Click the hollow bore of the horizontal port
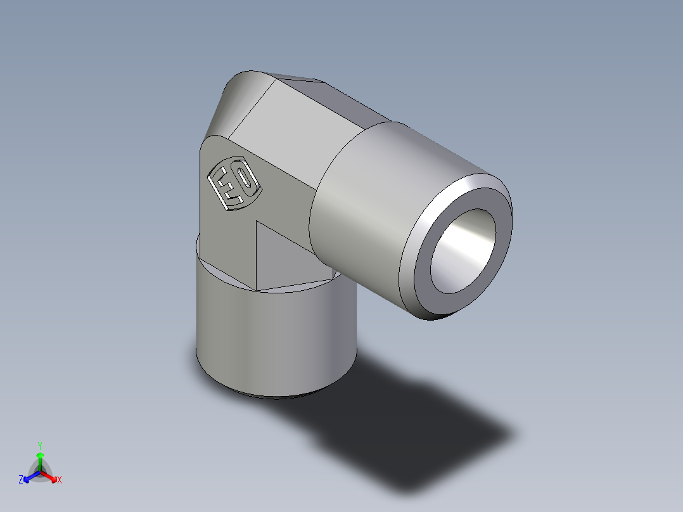[463, 250]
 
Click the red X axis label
[60, 480]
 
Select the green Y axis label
[40, 445]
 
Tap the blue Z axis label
[21, 480]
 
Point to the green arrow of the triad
[40, 459]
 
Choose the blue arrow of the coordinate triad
[29, 476]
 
